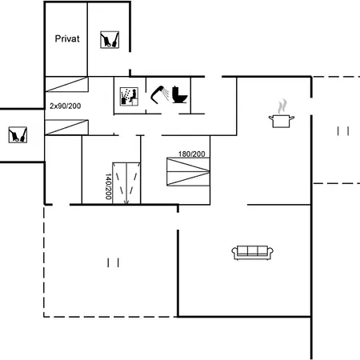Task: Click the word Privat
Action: point(67,39)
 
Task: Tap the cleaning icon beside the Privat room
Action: point(110,40)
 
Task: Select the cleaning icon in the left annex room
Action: point(18,134)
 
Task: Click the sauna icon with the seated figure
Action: point(129,97)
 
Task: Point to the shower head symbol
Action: point(160,94)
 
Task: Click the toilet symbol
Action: point(180,94)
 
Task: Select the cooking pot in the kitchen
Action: point(282,121)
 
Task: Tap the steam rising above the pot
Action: point(282,106)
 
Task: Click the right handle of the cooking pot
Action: point(292,118)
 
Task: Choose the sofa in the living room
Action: point(252,252)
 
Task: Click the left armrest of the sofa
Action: point(234,252)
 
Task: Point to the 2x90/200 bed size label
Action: point(66,106)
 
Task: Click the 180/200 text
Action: point(192,154)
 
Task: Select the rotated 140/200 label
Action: point(108,186)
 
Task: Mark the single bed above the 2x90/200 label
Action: point(66,84)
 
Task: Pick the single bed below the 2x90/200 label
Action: point(66,127)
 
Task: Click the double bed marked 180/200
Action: point(188,171)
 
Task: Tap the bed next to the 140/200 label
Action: point(126,183)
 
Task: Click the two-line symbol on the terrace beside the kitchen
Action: point(343,131)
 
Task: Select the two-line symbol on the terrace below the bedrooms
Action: point(113,262)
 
